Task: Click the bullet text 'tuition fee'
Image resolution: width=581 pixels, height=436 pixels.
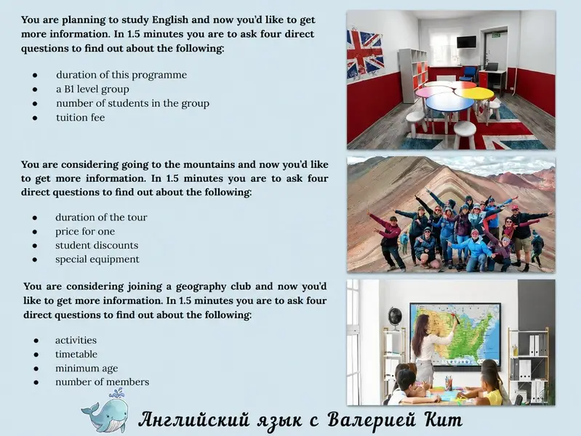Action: pyautogui.click(x=81, y=118)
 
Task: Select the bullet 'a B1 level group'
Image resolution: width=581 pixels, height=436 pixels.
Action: pyautogui.click(x=92, y=89)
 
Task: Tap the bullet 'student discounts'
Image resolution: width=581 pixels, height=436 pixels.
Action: pyautogui.click(x=97, y=245)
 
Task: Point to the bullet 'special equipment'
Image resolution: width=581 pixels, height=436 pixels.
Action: pyautogui.click(x=97, y=259)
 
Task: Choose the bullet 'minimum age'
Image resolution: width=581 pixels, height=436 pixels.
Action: pyautogui.click(x=87, y=368)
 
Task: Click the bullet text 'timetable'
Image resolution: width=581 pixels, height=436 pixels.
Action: pyautogui.click(x=76, y=354)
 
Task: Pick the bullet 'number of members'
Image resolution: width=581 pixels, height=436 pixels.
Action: pyautogui.click(x=103, y=382)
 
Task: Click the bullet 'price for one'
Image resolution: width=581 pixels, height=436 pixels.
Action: pyautogui.click(x=85, y=232)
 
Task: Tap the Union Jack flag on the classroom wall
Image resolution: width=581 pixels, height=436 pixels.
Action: pyautogui.click(x=364, y=53)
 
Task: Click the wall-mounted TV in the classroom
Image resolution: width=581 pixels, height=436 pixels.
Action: pyautogui.click(x=467, y=42)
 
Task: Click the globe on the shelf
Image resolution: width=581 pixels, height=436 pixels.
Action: pyautogui.click(x=395, y=318)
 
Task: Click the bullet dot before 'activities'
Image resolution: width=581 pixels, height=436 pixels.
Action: pyautogui.click(x=36, y=340)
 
